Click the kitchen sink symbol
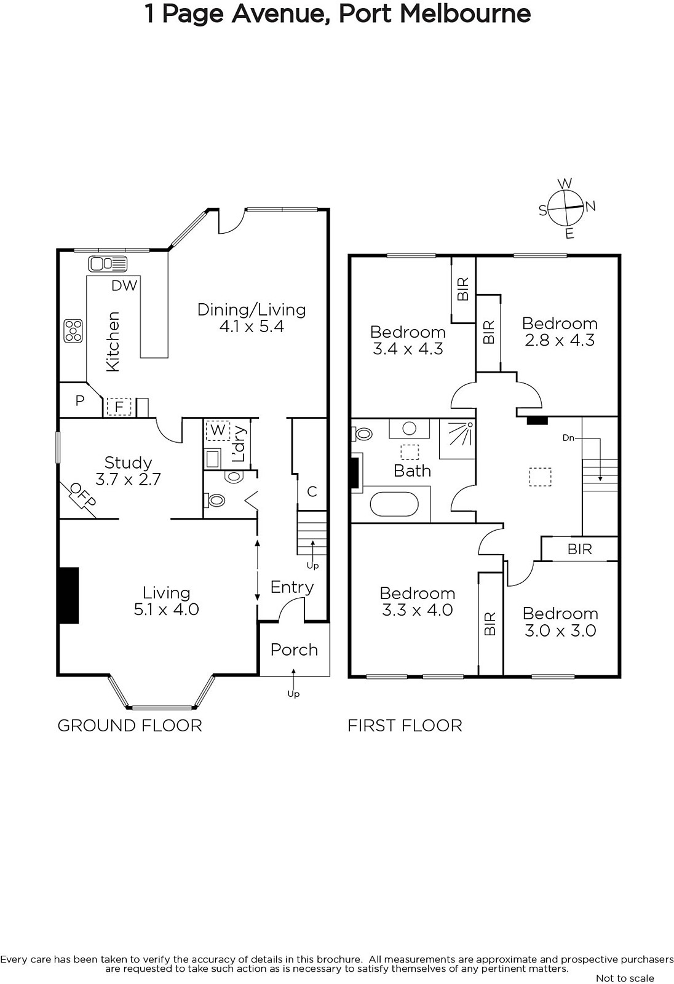coord(108,264)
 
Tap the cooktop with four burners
coord(73,331)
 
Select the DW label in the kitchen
coord(124,285)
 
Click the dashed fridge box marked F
coord(119,407)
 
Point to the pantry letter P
coord(79,400)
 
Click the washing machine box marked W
coord(218,430)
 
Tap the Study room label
coord(129,462)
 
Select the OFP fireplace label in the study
coord(82,494)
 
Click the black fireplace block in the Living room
coord(68,595)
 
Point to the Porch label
coord(294,649)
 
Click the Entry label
coord(291,587)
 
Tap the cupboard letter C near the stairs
coord(312,491)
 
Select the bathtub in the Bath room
coord(394,504)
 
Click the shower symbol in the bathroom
coord(457,439)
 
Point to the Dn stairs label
coord(569,438)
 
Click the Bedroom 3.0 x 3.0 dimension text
coord(560,631)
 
